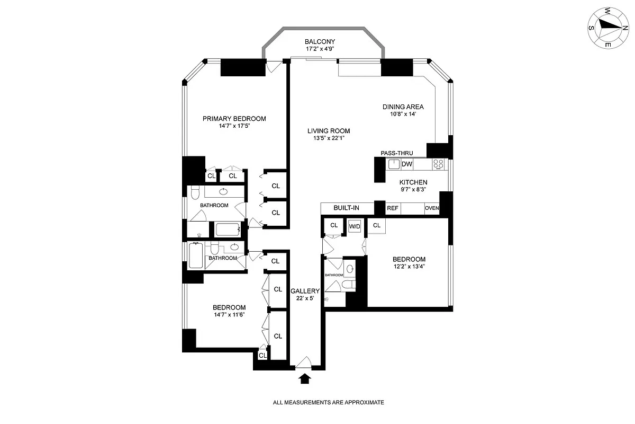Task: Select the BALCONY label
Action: (x=320, y=42)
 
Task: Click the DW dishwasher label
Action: (x=407, y=164)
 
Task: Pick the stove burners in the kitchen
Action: (x=439, y=164)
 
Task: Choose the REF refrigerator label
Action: (x=393, y=208)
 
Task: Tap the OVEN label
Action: (x=432, y=208)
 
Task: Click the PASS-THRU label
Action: (x=396, y=153)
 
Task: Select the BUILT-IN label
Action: (x=347, y=208)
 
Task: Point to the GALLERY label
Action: (x=305, y=291)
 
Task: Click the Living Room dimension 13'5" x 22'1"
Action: (x=331, y=139)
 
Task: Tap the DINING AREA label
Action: (x=403, y=107)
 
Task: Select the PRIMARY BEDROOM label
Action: (x=234, y=119)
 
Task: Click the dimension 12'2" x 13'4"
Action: (x=409, y=267)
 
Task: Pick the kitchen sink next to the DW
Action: (x=393, y=164)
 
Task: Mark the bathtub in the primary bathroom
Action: (x=228, y=229)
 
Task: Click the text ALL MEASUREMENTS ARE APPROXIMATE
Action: (x=328, y=403)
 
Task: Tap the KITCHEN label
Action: (x=413, y=182)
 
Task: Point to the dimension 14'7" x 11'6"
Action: (x=229, y=315)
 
